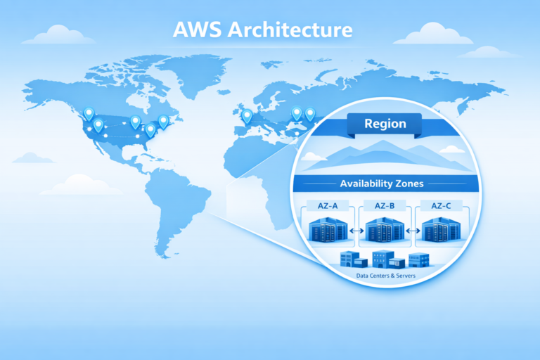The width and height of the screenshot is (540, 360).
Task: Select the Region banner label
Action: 385,124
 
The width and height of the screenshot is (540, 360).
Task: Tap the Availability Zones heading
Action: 381,184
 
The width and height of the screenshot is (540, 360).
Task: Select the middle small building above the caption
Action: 384,259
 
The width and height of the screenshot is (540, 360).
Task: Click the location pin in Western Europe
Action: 247,115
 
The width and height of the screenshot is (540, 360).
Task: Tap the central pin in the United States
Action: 135,122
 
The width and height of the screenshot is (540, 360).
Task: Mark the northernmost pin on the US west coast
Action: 89,112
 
